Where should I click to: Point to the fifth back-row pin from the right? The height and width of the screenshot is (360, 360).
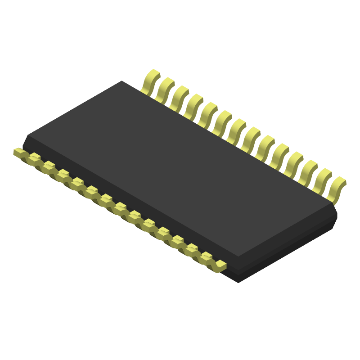click(279, 155)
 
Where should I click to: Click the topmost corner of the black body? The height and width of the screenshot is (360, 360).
click(121, 81)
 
